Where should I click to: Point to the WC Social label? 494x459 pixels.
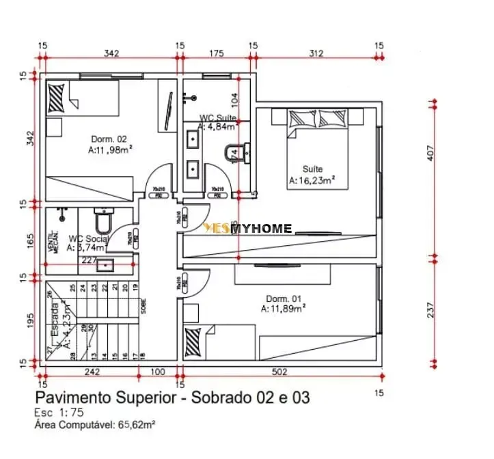click(88, 239)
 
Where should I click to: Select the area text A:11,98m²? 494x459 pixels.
click(110, 149)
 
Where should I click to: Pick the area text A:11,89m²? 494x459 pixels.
click(283, 309)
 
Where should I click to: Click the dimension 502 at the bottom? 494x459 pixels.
click(279, 373)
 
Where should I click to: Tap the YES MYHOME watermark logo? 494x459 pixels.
click(248, 229)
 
